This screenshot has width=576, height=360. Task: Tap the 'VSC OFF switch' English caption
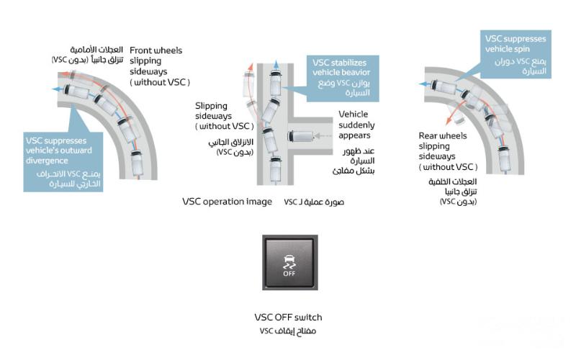288,318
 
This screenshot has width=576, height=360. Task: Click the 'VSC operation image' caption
227,202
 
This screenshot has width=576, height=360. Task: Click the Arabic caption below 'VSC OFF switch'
288,331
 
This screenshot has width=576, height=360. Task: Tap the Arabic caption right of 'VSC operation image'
315,202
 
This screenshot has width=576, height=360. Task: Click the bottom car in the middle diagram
275,170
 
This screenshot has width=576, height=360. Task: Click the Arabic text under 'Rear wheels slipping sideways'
458,193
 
